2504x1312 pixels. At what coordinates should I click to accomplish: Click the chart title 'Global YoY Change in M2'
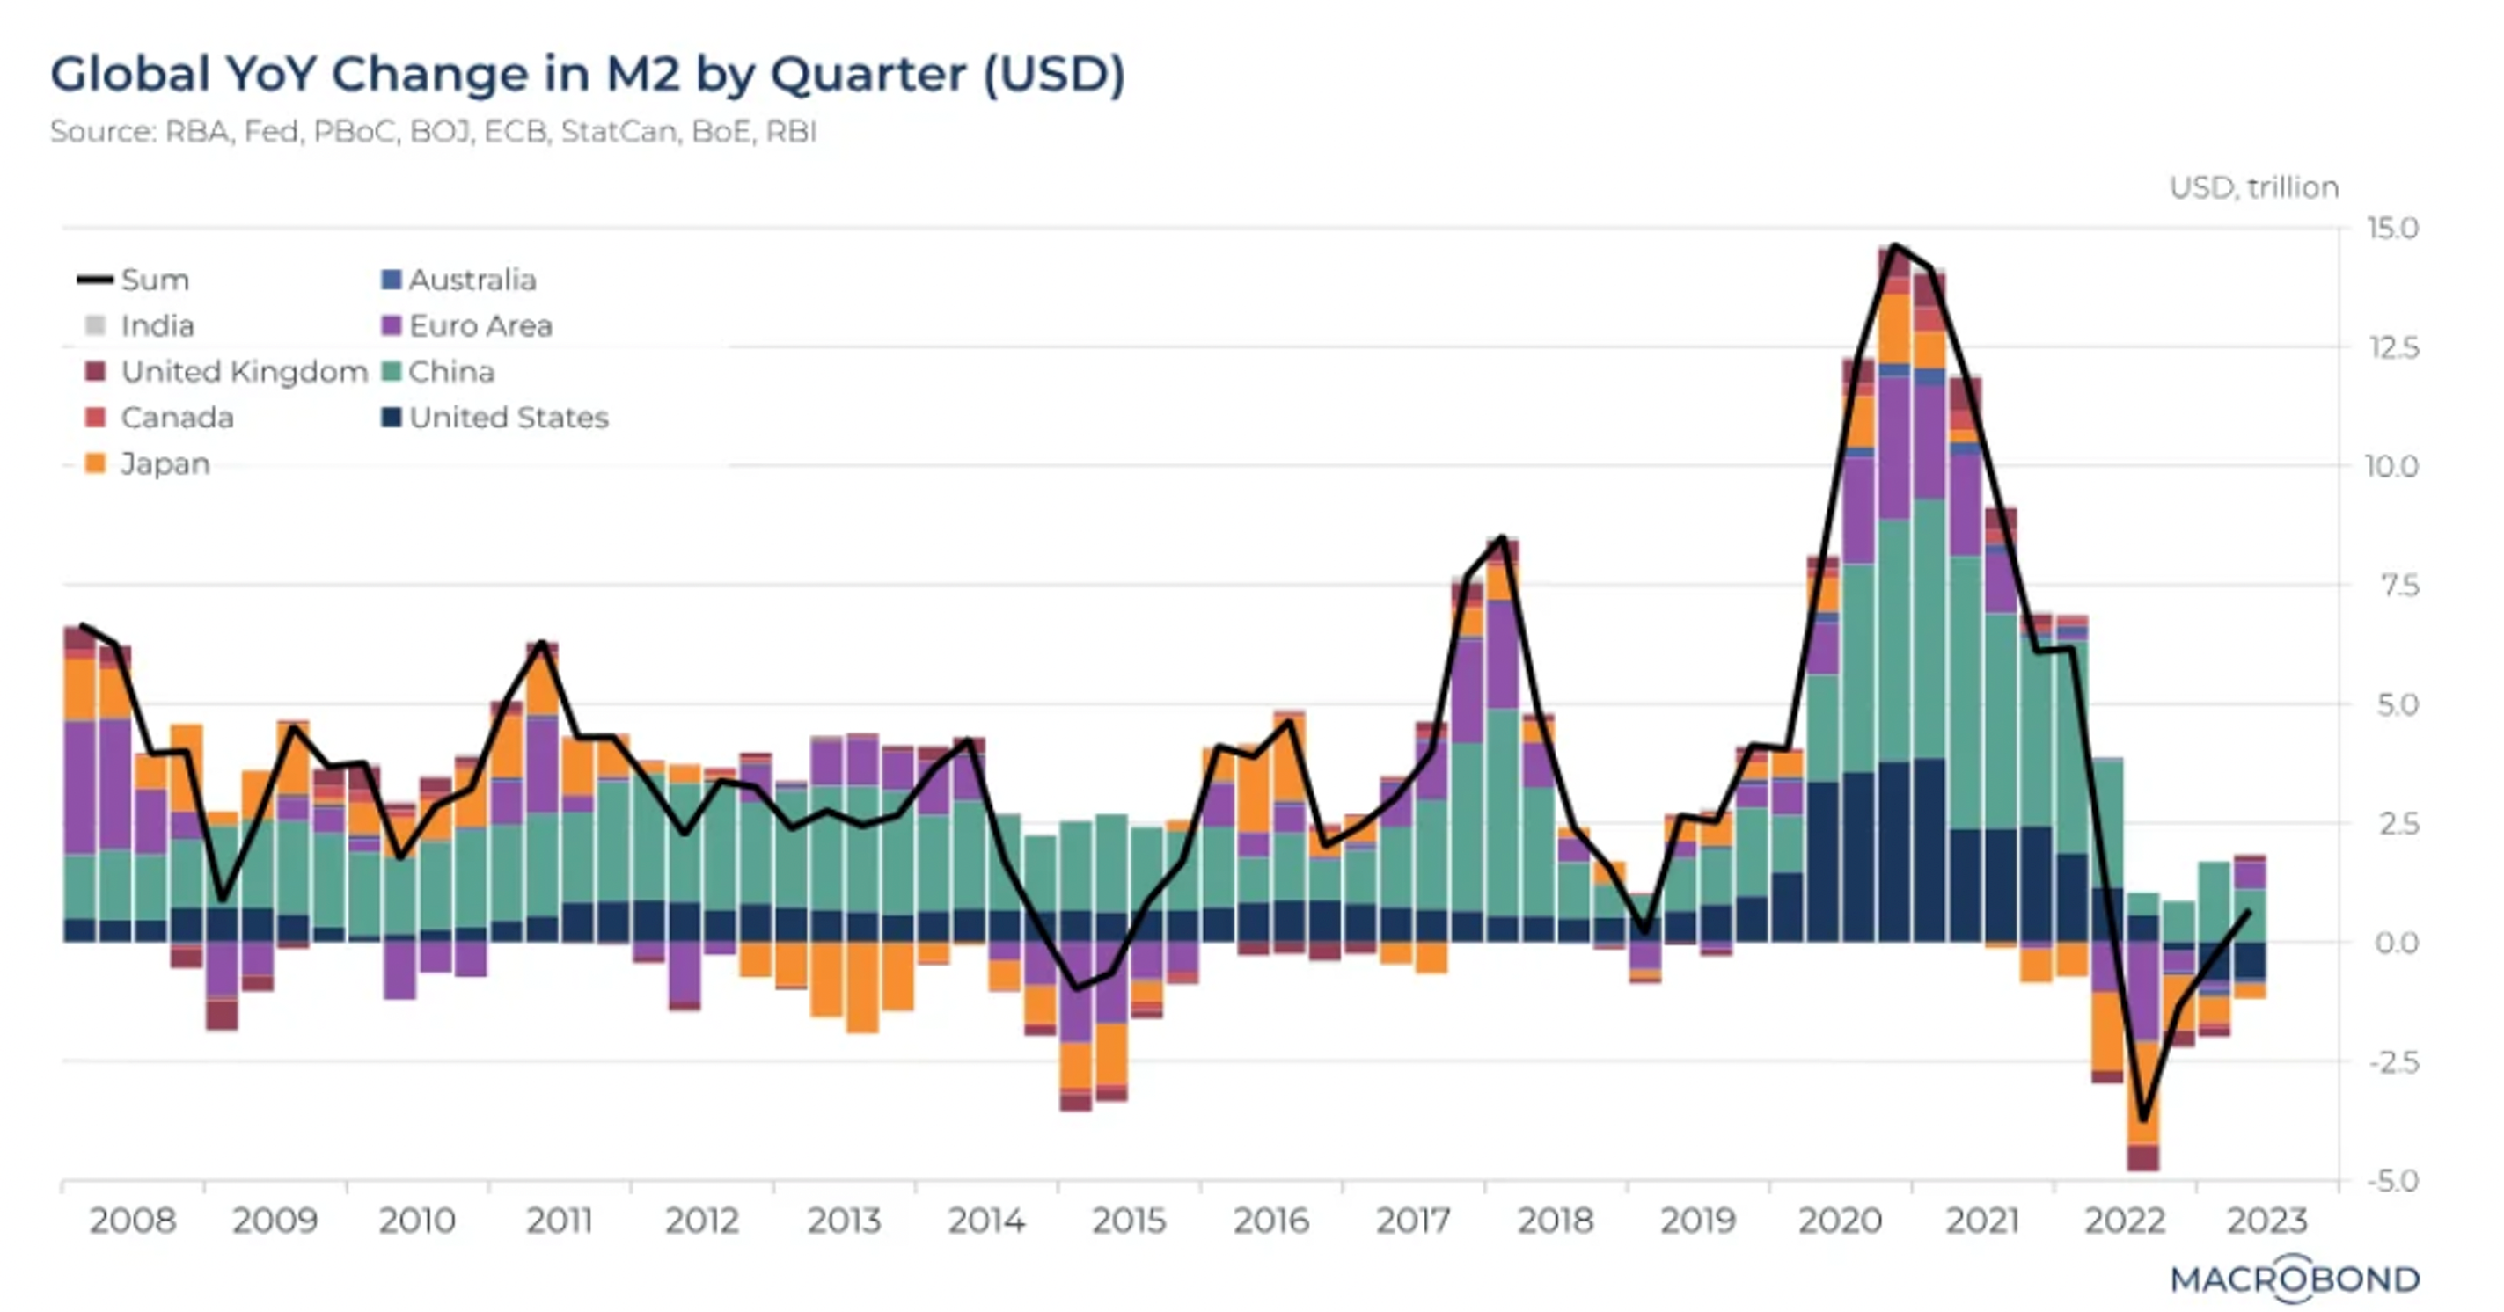(x=587, y=75)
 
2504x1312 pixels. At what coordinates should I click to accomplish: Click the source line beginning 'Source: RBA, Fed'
(x=434, y=131)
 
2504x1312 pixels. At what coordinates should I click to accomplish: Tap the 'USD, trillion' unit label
(x=2253, y=187)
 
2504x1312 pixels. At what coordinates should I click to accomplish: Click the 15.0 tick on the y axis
(x=2392, y=229)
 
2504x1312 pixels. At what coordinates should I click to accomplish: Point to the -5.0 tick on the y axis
(x=2392, y=1181)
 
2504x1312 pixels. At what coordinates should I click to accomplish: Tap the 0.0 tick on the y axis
(x=2392, y=943)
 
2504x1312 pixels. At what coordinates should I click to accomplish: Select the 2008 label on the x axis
(x=132, y=1221)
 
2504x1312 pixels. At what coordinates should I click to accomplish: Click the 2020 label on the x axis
(x=1840, y=1221)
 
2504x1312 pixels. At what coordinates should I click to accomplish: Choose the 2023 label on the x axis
(x=2266, y=1221)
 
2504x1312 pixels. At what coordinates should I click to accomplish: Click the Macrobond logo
(x=2295, y=1278)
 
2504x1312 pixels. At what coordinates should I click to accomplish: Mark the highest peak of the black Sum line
(x=1894, y=246)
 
